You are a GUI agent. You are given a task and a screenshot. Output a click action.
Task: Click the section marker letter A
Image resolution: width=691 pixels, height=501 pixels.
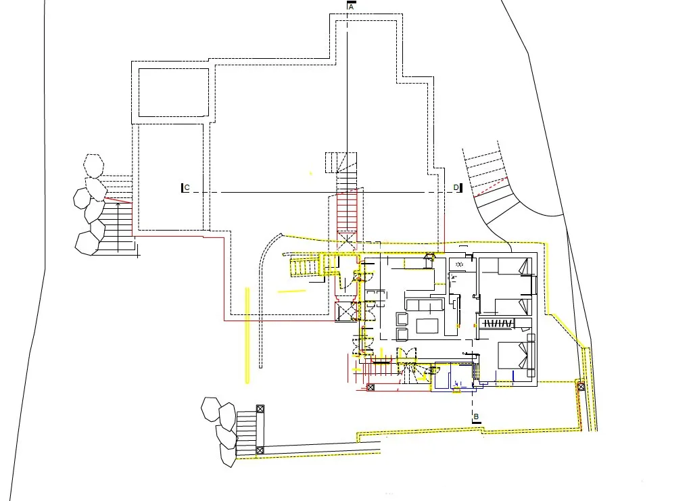[351, 7]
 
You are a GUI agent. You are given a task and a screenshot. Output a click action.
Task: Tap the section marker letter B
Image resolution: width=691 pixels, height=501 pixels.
[476, 416]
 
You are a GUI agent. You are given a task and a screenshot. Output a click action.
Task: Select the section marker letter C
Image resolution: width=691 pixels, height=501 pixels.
[187, 188]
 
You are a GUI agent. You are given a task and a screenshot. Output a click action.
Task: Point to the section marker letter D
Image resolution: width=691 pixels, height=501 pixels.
[456, 188]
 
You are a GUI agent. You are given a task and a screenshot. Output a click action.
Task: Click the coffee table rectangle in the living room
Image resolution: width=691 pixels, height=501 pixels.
[427, 326]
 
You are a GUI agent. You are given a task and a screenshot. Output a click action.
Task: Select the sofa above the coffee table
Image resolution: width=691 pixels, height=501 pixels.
[425, 305]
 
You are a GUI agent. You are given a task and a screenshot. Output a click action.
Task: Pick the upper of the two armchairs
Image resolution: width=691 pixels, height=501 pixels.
[402, 318]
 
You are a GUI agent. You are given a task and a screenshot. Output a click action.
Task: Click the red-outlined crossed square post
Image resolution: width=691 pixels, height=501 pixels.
[371, 387]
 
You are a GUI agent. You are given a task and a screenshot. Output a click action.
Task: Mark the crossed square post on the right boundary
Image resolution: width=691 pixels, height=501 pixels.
[581, 387]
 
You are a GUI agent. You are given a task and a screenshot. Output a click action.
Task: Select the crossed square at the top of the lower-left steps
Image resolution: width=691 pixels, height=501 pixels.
[260, 409]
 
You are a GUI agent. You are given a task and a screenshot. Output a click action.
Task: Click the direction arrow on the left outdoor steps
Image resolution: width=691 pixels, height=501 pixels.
[118, 227]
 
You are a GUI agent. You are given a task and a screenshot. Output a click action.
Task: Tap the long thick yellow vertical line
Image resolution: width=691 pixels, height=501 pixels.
[247, 335]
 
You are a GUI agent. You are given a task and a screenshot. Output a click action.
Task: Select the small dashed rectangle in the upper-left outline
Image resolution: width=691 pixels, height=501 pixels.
[174, 93]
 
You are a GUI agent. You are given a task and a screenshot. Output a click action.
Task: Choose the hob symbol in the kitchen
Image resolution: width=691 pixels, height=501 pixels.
[460, 265]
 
